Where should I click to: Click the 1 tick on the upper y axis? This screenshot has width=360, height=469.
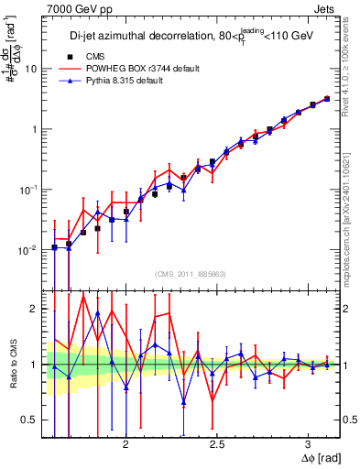point(34,129)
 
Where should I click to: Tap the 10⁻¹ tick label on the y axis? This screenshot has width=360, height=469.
point(29,189)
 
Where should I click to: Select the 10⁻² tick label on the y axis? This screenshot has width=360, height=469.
point(29,249)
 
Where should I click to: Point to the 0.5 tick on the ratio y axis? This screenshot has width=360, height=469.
point(29,420)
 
